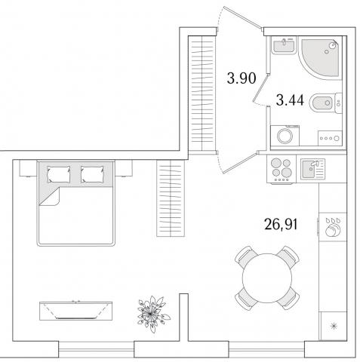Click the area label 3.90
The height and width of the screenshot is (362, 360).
242,78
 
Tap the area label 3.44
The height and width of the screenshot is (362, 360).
290,100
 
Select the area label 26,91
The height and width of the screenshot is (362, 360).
281,224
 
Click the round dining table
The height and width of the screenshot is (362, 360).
267,278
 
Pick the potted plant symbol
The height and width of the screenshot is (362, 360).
152,314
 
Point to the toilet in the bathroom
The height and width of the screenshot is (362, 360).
325,103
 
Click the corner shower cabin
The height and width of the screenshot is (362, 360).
320,58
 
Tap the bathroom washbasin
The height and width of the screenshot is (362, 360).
284,45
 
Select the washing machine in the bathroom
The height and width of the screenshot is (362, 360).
285,136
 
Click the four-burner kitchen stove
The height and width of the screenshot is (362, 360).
282,169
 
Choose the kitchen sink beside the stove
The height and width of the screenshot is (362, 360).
312,169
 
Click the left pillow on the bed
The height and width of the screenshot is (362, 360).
59,174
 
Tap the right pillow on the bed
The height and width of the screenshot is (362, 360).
92,174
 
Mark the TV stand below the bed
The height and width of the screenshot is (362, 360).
75,311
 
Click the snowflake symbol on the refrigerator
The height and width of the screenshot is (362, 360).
334,327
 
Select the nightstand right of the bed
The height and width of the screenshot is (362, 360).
124,168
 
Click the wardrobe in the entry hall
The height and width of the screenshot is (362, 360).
202,94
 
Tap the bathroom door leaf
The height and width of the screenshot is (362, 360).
260,87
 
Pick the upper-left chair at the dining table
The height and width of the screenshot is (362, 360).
245,257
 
